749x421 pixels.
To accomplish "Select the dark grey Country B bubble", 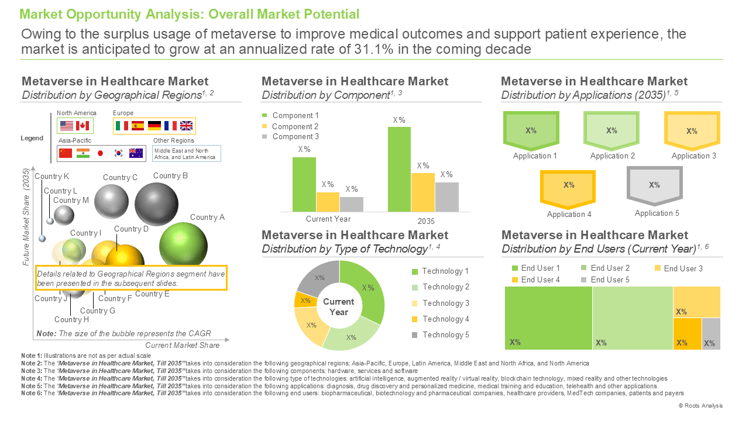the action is click(156, 204).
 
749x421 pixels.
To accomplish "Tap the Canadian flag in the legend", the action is click(83, 126).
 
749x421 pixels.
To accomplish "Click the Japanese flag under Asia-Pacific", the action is click(100, 153).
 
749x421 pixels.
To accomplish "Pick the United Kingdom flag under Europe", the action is click(186, 126).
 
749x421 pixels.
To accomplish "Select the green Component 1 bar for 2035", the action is click(399, 169).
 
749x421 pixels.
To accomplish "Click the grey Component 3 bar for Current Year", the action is click(352, 204).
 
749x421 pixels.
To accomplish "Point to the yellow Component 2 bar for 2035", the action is click(423, 192).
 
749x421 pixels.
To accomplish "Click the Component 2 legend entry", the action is click(291, 126).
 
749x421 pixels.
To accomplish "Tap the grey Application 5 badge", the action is click(654, 186).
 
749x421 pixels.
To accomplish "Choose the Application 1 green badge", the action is click(531, 130).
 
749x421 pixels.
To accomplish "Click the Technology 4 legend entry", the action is click(441, 319).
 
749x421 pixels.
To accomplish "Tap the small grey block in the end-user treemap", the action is click(711, 334).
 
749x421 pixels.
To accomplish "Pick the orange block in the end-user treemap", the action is click(687, 334).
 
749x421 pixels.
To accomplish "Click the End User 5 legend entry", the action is click(605, 279).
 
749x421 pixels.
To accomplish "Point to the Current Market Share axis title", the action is click(182, 345).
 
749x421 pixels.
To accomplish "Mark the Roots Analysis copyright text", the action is click(700, 406).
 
